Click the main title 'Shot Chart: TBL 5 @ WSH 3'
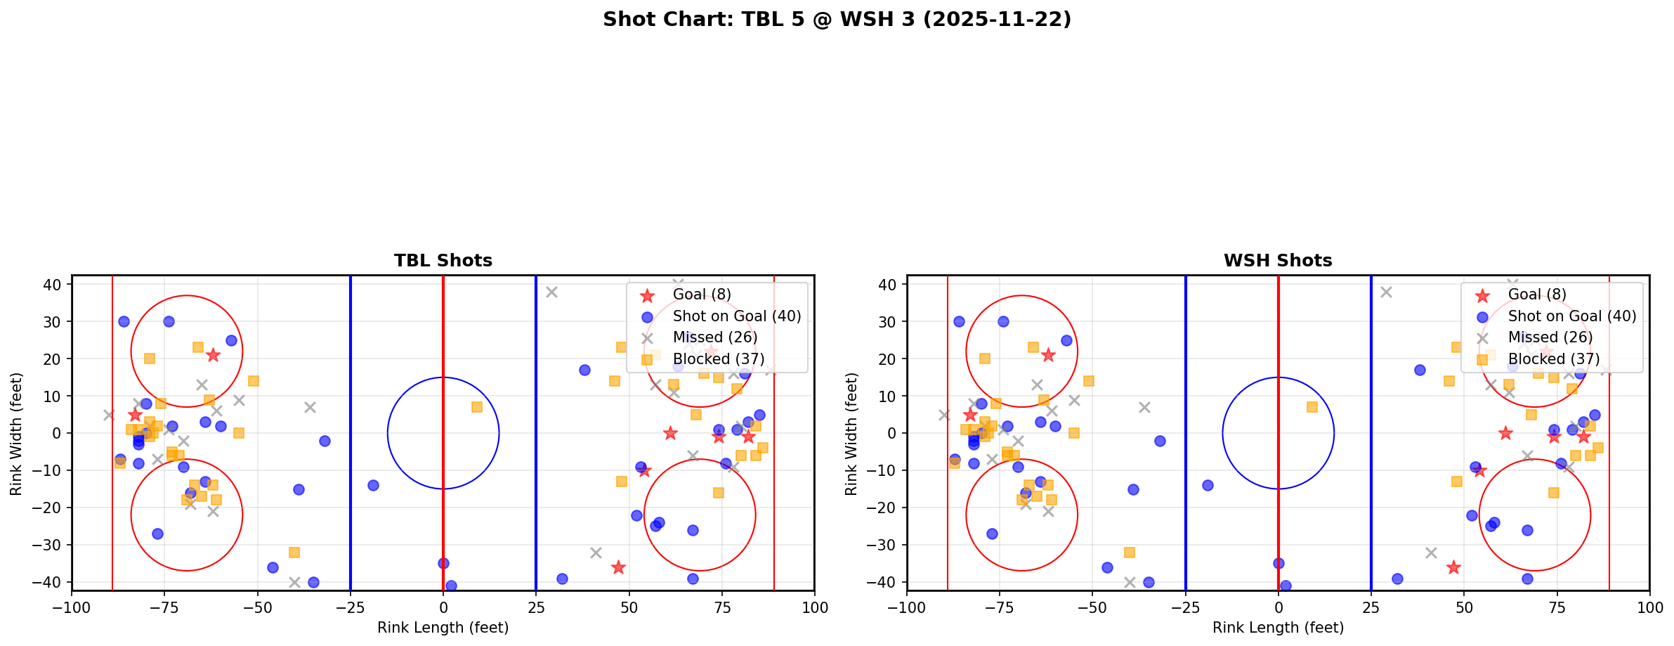point(837,20)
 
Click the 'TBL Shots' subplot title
point(443,261)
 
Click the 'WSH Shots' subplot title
point(1277,261)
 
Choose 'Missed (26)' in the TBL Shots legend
point(714,337)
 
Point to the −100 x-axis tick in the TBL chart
point(72,607)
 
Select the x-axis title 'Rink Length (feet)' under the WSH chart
point(1277,628)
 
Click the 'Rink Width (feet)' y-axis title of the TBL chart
point(16,434)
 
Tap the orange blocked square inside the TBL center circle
point(477,407)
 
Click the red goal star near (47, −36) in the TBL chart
point(618,567)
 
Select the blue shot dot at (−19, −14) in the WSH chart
point(1208,485)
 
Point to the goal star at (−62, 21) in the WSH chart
point(1048,355)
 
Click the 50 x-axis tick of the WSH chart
point(1463,607)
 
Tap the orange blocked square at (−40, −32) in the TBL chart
point(294,553)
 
